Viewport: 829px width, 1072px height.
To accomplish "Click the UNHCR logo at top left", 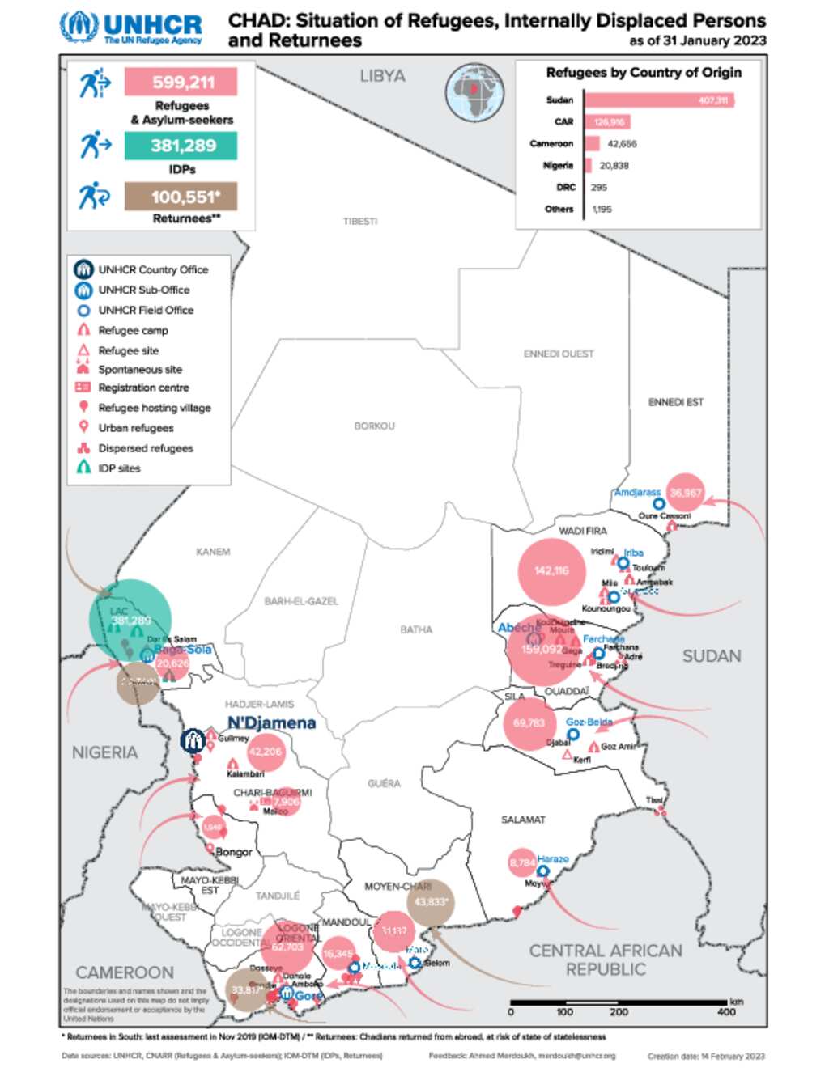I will click(131, 28).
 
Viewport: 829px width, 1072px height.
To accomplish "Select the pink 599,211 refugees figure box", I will click(181, 83).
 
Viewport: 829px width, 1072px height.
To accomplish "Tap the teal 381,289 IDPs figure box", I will click(181, 146).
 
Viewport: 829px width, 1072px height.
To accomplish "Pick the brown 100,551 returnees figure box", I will click(181, 197).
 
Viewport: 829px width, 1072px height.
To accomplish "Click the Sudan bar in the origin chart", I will click(658, 100).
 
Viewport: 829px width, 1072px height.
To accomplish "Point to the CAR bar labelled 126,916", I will click(607, 122).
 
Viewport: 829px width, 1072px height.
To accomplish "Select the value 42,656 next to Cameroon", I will click(622, 144).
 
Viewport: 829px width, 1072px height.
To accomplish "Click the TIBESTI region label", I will click(360, 222).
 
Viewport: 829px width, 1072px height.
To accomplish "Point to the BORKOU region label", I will click(374, 426).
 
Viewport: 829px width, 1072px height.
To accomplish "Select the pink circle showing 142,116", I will click(551, 571).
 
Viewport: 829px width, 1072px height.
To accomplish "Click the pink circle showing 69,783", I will click(529, 723).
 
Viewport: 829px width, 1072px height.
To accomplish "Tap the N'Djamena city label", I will click(271, 722).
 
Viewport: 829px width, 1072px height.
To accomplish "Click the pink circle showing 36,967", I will click(685, 493).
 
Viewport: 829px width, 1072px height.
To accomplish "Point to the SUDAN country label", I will click(711, 656).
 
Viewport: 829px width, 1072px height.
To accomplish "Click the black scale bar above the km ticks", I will click(619, 1002).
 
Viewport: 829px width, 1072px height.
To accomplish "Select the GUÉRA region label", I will click(384, 783).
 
